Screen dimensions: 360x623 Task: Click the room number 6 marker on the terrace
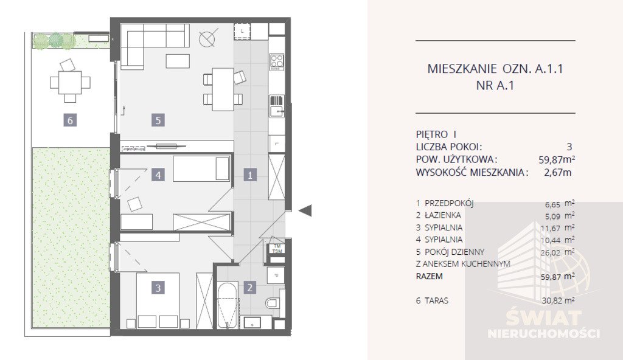coord(71,120)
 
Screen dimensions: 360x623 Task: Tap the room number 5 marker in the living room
coord(158,120)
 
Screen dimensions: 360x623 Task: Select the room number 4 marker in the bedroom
coord(158,175)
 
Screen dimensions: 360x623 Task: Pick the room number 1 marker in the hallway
coord(250,175)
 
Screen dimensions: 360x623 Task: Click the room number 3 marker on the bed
coord(158,288)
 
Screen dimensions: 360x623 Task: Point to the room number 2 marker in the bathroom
coord(250,288)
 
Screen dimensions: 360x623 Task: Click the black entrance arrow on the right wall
coord(306,210)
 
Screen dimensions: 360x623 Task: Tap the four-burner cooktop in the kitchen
coord(277,61)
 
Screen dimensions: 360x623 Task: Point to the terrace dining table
coord(70,82)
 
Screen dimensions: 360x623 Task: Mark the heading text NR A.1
coord(495,86)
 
